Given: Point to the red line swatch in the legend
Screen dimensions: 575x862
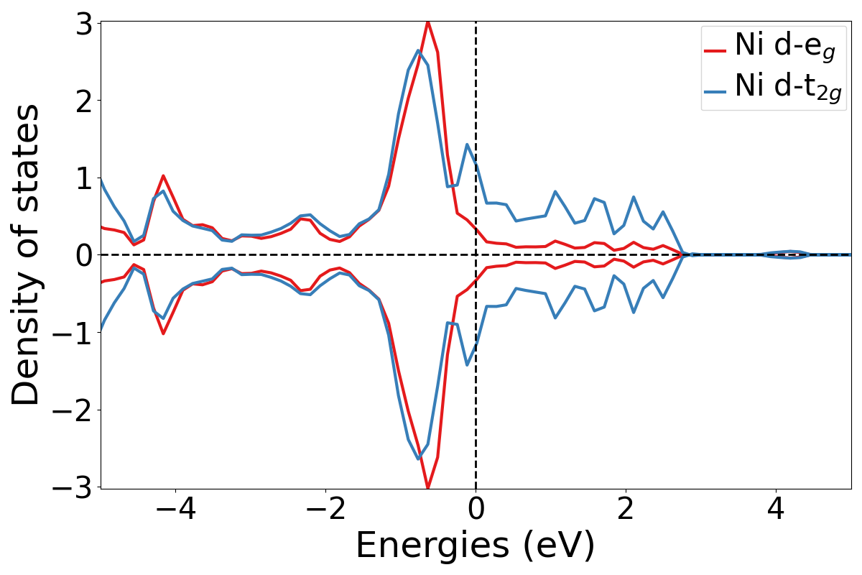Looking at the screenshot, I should pos(715,50).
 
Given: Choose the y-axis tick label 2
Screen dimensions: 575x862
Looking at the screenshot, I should pos(84,101).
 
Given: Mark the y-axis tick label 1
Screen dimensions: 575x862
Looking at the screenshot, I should pos(84,178).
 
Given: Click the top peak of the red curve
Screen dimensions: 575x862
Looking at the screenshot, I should pos(428,22).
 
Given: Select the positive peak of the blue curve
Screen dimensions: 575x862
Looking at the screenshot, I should pos(418,50).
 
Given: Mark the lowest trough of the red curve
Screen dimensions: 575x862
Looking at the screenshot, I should pos(428,488).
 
